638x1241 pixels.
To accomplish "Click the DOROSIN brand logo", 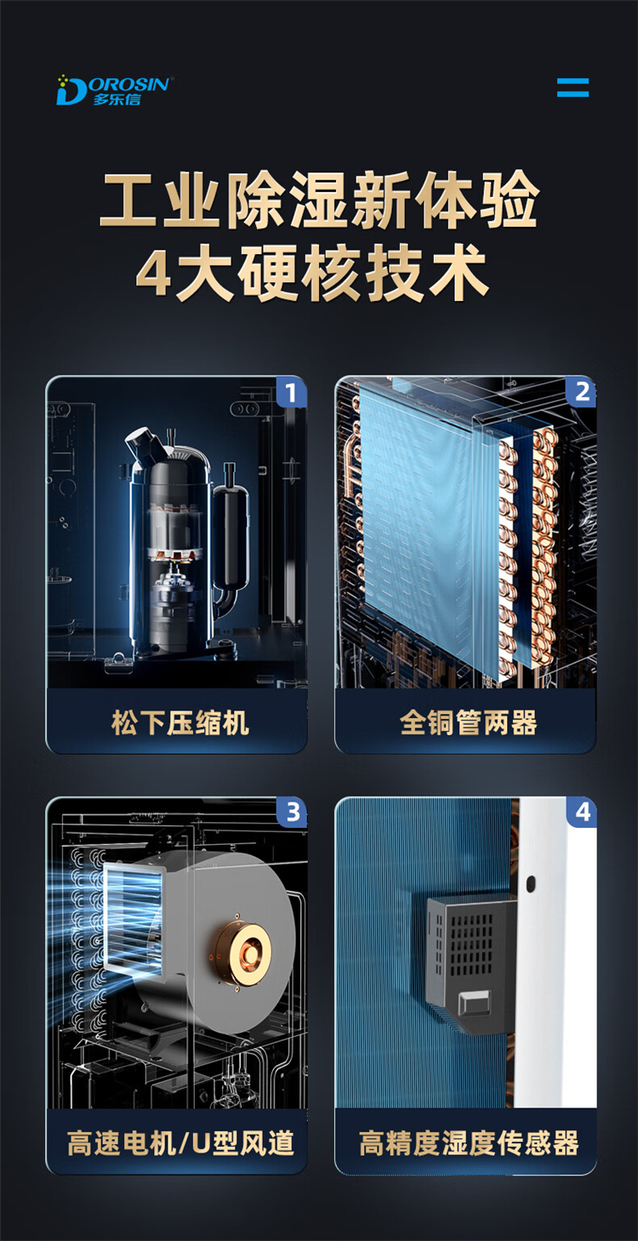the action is coord(115,90).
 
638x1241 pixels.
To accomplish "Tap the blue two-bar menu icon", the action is coord(572,88).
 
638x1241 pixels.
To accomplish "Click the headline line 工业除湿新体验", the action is coord(319,200).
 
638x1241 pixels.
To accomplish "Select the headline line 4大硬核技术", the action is coord(312,274).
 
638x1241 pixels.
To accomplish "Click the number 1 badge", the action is coord(292,392).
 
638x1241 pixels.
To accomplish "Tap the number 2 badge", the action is coord(581,392).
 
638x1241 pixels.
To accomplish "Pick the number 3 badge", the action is coord(292,813).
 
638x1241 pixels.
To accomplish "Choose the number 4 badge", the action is coord(582,813).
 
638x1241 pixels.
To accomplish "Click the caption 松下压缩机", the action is coord(179,723).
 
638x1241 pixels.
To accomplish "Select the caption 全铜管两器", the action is coord(469,723).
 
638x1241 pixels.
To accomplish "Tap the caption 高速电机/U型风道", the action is coord(180,1143).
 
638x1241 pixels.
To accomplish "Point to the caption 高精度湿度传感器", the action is coord(469,1143).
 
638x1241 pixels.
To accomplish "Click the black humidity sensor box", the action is coord(471,963).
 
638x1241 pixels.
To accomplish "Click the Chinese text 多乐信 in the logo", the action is coord(117,99).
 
